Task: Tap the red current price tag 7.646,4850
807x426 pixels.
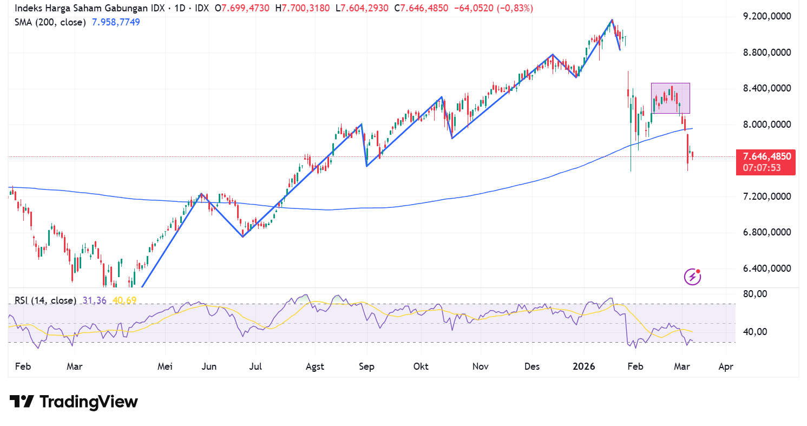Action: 765,157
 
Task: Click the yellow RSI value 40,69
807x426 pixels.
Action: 124,300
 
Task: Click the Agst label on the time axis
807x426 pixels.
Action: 314,366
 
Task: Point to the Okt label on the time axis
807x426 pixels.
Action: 421,366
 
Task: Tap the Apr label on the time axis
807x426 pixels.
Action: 725,366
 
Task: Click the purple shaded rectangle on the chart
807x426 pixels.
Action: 670,98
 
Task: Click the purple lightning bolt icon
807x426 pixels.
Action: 693,277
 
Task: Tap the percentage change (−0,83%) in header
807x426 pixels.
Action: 511,8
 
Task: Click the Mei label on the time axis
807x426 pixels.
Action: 165,366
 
